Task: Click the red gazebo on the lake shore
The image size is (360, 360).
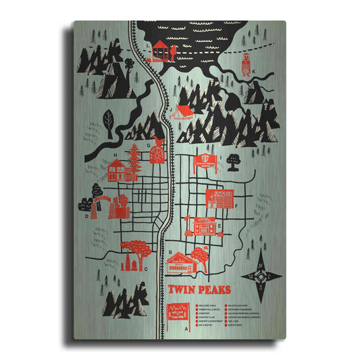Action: coord(160,50)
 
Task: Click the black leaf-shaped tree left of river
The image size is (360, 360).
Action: coord(107,120)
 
